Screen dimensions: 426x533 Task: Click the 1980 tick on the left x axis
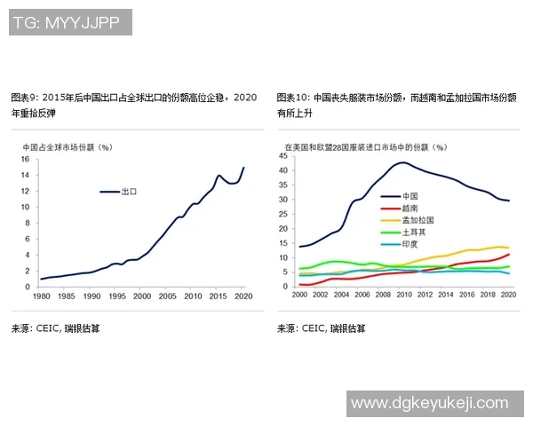point(40,295)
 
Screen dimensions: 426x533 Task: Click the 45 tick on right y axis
point(283,156)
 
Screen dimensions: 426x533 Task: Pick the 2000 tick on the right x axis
point(299,295)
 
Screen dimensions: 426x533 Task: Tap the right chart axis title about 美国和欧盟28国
point(365,146)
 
